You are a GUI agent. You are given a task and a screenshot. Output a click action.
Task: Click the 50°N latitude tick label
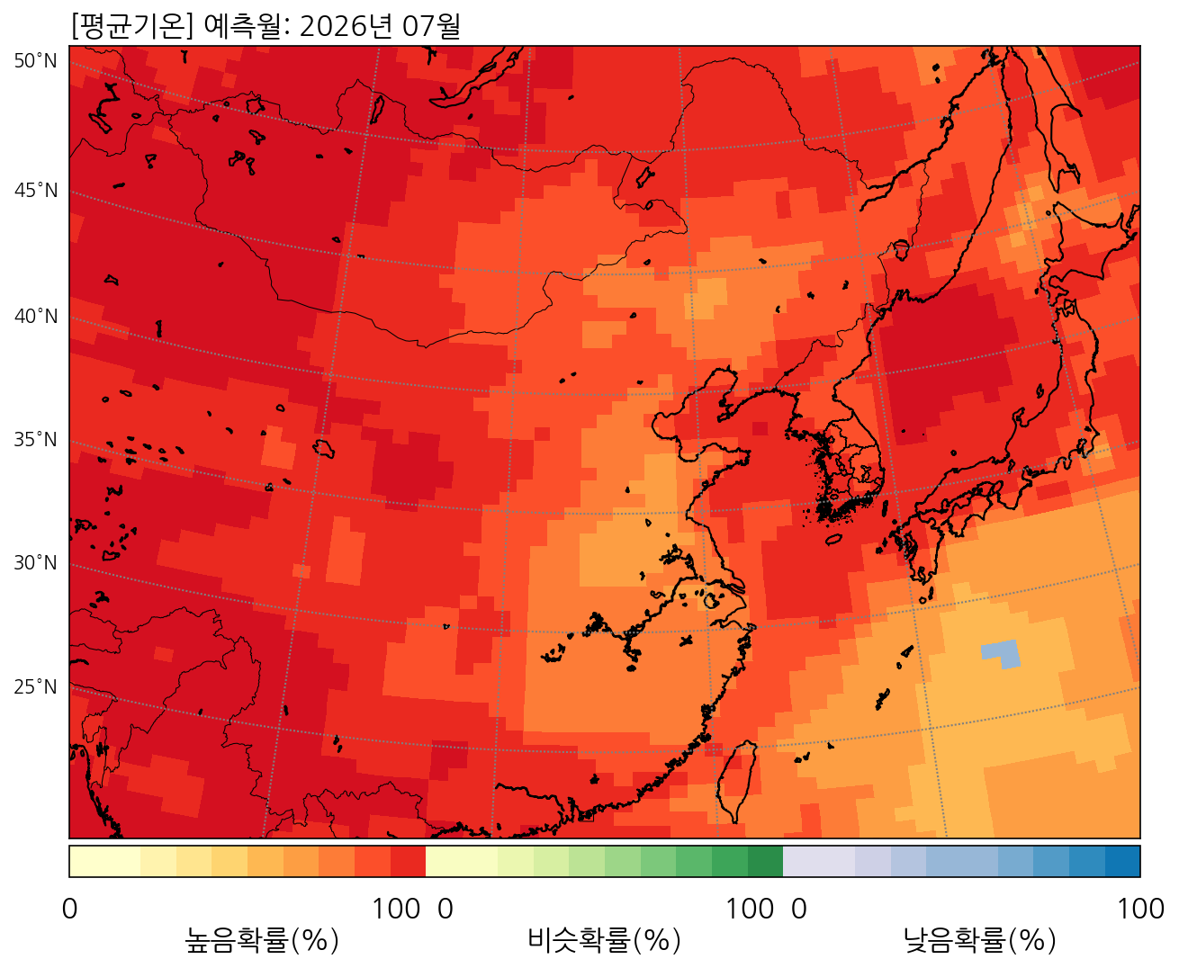coord(36,61)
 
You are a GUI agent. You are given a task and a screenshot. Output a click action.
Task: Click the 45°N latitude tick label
coord(36,191)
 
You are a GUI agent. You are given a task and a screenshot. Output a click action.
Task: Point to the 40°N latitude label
coord(36,317)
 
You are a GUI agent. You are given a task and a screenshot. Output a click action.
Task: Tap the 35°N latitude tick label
coord(36,440)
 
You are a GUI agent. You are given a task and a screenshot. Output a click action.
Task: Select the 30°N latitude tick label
coord(36,563)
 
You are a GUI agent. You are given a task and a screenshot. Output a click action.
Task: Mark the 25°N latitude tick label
coord(36,687)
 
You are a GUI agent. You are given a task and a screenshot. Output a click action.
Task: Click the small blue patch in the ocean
coord(1001,652)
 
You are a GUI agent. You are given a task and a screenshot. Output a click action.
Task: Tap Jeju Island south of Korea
coord(833,540)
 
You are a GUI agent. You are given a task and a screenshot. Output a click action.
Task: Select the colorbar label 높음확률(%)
coord(262,941)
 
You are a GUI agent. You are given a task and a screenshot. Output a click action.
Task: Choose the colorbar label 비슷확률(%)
coord(604,941)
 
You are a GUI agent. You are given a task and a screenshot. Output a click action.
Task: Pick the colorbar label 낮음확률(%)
coord(979,941)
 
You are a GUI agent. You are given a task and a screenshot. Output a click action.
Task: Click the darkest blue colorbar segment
coord(1122,861)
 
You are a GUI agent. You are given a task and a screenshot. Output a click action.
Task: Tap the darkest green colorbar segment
coord(765,861)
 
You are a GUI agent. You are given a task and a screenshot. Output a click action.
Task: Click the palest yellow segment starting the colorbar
coord(104,861)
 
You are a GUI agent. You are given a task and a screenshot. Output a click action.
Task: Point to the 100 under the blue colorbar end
coord(1140,910)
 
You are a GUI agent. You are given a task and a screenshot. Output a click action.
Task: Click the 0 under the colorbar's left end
coord(69,910)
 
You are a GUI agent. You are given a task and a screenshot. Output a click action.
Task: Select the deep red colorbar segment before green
coord(408,861)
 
